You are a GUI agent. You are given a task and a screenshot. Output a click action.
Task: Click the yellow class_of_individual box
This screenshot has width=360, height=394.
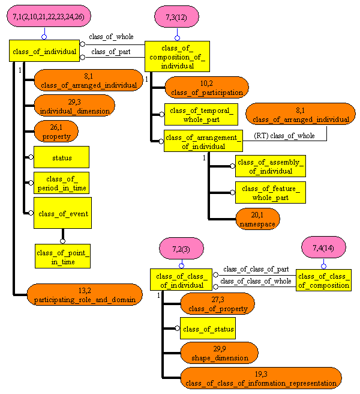pyautogui.click(x=44, y=51)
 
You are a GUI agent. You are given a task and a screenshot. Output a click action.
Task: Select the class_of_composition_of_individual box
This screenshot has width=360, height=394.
pyautogui.click(x=177, y=56)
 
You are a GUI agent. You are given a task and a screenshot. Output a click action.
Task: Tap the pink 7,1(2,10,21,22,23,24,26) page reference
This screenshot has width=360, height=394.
pyautogui.click(x=44, y=17)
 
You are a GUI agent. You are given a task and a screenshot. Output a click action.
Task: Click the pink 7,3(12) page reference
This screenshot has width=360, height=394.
pyautogui.click(x=177, y=17)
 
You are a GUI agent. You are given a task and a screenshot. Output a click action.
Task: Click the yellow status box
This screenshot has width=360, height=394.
pyautogui.click(x=61, y=157)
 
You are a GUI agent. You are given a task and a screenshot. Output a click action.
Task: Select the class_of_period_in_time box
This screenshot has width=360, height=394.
pyautogui.click(x=61, y=183)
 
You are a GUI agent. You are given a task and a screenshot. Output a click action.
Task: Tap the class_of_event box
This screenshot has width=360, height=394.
pyautogui.click(x=62, y=214)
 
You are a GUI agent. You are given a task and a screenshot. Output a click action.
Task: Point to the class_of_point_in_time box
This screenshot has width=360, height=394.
pyautogui.click(x=62, y=255)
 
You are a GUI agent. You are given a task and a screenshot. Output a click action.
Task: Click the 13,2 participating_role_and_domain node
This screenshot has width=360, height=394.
pyautogui.click(x=85, y=294)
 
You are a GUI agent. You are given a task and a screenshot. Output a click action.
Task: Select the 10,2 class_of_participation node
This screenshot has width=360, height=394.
pyautogui.click(x=206, y=88)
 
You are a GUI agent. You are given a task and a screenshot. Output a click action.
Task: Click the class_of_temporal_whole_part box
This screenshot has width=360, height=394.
pyautogui.click(x=201, y=114)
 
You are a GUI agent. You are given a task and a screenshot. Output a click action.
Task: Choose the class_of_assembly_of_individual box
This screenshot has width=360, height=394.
pyautogui.click(x=270, y=166)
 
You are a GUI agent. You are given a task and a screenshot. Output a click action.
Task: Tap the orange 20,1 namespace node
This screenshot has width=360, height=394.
pyautogui.click(x=257, y=219)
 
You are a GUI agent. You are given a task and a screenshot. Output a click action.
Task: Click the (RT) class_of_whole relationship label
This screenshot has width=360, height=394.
pyautogui.click(x=284, y=136)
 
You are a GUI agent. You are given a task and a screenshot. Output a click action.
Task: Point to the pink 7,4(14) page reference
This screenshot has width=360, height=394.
pyautogui.click(x=323, y=247)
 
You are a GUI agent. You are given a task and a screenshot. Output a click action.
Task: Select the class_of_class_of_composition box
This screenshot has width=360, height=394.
pyautogui.click(x=323, y=280)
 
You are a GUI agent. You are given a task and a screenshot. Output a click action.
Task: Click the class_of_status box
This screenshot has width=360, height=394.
pyautogui.click(x=207, y=329)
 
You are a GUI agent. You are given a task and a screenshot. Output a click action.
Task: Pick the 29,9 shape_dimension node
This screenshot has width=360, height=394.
pyautogui.click(x=219, y=353)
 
